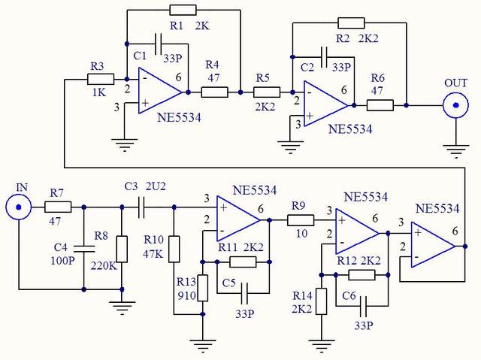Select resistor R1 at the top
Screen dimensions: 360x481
click(183, 10)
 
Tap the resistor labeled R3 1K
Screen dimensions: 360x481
click(101, 79)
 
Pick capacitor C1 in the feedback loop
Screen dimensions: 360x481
click(158, 42)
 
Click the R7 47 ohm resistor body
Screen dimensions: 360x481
click(59, 207)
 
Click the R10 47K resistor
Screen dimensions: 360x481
click(174, 249)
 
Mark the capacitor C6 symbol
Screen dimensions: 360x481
click(366, 305)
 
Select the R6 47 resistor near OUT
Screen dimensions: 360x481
click(380, 105)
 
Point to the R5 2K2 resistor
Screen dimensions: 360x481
click(266, 92)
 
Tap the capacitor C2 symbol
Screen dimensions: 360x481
click(323, 56)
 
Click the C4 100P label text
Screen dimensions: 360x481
click(64, 253)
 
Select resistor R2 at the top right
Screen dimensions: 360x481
click(350, 23)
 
